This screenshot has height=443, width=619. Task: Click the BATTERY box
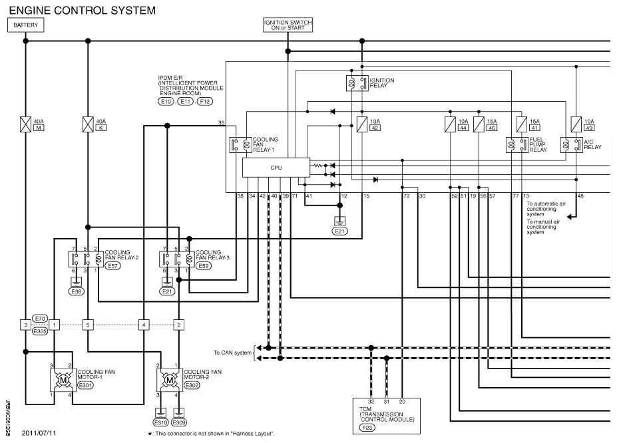tap(26, 25)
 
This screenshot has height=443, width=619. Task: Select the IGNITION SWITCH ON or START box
tap(288, 25)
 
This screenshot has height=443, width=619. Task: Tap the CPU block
tap(276, 168)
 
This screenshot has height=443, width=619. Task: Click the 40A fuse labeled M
tap(26, 124)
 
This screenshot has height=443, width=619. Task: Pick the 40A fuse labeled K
tap(88, 124)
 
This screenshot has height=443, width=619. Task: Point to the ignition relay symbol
tap(357, 83)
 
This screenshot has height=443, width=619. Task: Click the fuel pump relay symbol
tap(516, 145)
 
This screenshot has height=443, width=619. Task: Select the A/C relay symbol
tap(571, 145)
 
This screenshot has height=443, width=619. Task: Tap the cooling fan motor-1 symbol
tap(63, 380)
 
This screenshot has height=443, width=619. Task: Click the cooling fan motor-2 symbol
tap(170, 380)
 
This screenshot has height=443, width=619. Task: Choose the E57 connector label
tap(113, 266)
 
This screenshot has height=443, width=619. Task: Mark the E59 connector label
tap(203, 266)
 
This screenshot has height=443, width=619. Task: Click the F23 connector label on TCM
tap(367, 428)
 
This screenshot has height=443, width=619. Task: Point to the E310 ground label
tap(160, 422)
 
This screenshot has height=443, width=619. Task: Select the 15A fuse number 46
tap(479, 124)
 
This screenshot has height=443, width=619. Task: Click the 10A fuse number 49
tap(576, 124)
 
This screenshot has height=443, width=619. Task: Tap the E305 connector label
tap(40, 331)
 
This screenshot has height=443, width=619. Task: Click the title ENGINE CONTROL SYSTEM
tap(82, 10)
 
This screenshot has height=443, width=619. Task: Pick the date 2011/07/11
tap(39, 433)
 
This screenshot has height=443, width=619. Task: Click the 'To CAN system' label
tap(232, 353)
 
